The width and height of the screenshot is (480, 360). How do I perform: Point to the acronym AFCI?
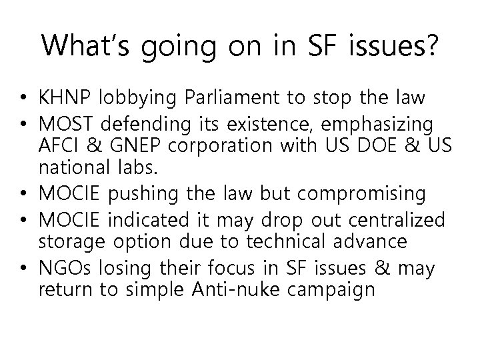(x=58, y=144)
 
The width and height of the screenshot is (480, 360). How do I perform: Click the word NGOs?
(x=61, y=269)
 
